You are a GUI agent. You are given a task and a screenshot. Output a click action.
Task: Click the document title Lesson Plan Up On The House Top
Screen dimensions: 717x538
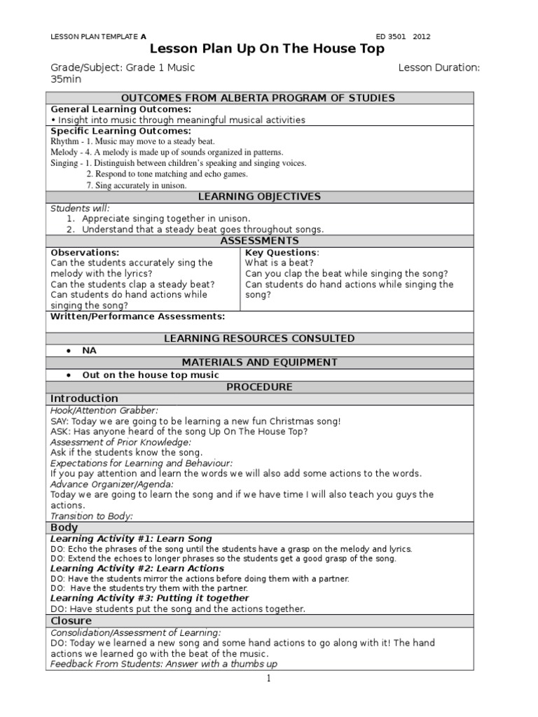tap(268, 49)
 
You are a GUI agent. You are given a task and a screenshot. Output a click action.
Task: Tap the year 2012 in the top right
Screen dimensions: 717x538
tap(422, 36)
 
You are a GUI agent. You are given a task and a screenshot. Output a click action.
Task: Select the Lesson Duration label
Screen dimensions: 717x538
tap(439, 68)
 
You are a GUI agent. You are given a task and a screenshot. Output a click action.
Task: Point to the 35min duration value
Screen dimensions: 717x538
tap(66, 80)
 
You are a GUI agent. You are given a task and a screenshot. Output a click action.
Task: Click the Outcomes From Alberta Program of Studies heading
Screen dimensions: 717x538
tap(258, 98)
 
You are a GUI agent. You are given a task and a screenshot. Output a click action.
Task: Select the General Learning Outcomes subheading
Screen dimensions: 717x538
tap(120, 109)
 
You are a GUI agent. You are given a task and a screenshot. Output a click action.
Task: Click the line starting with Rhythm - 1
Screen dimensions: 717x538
tap(132, 141)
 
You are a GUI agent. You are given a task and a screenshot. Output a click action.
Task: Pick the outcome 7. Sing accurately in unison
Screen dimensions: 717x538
tap(137, 186)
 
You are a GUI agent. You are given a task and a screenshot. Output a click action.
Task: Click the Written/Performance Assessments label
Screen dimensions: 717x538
tap(137, 316)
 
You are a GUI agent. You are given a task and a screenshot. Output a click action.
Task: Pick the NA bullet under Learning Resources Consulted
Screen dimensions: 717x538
tap(89, 351)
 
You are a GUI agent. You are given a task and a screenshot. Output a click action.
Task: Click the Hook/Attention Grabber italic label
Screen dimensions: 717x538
tap(104, 410)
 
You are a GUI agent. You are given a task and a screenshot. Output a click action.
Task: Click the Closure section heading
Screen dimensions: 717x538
tap(71, 621)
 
